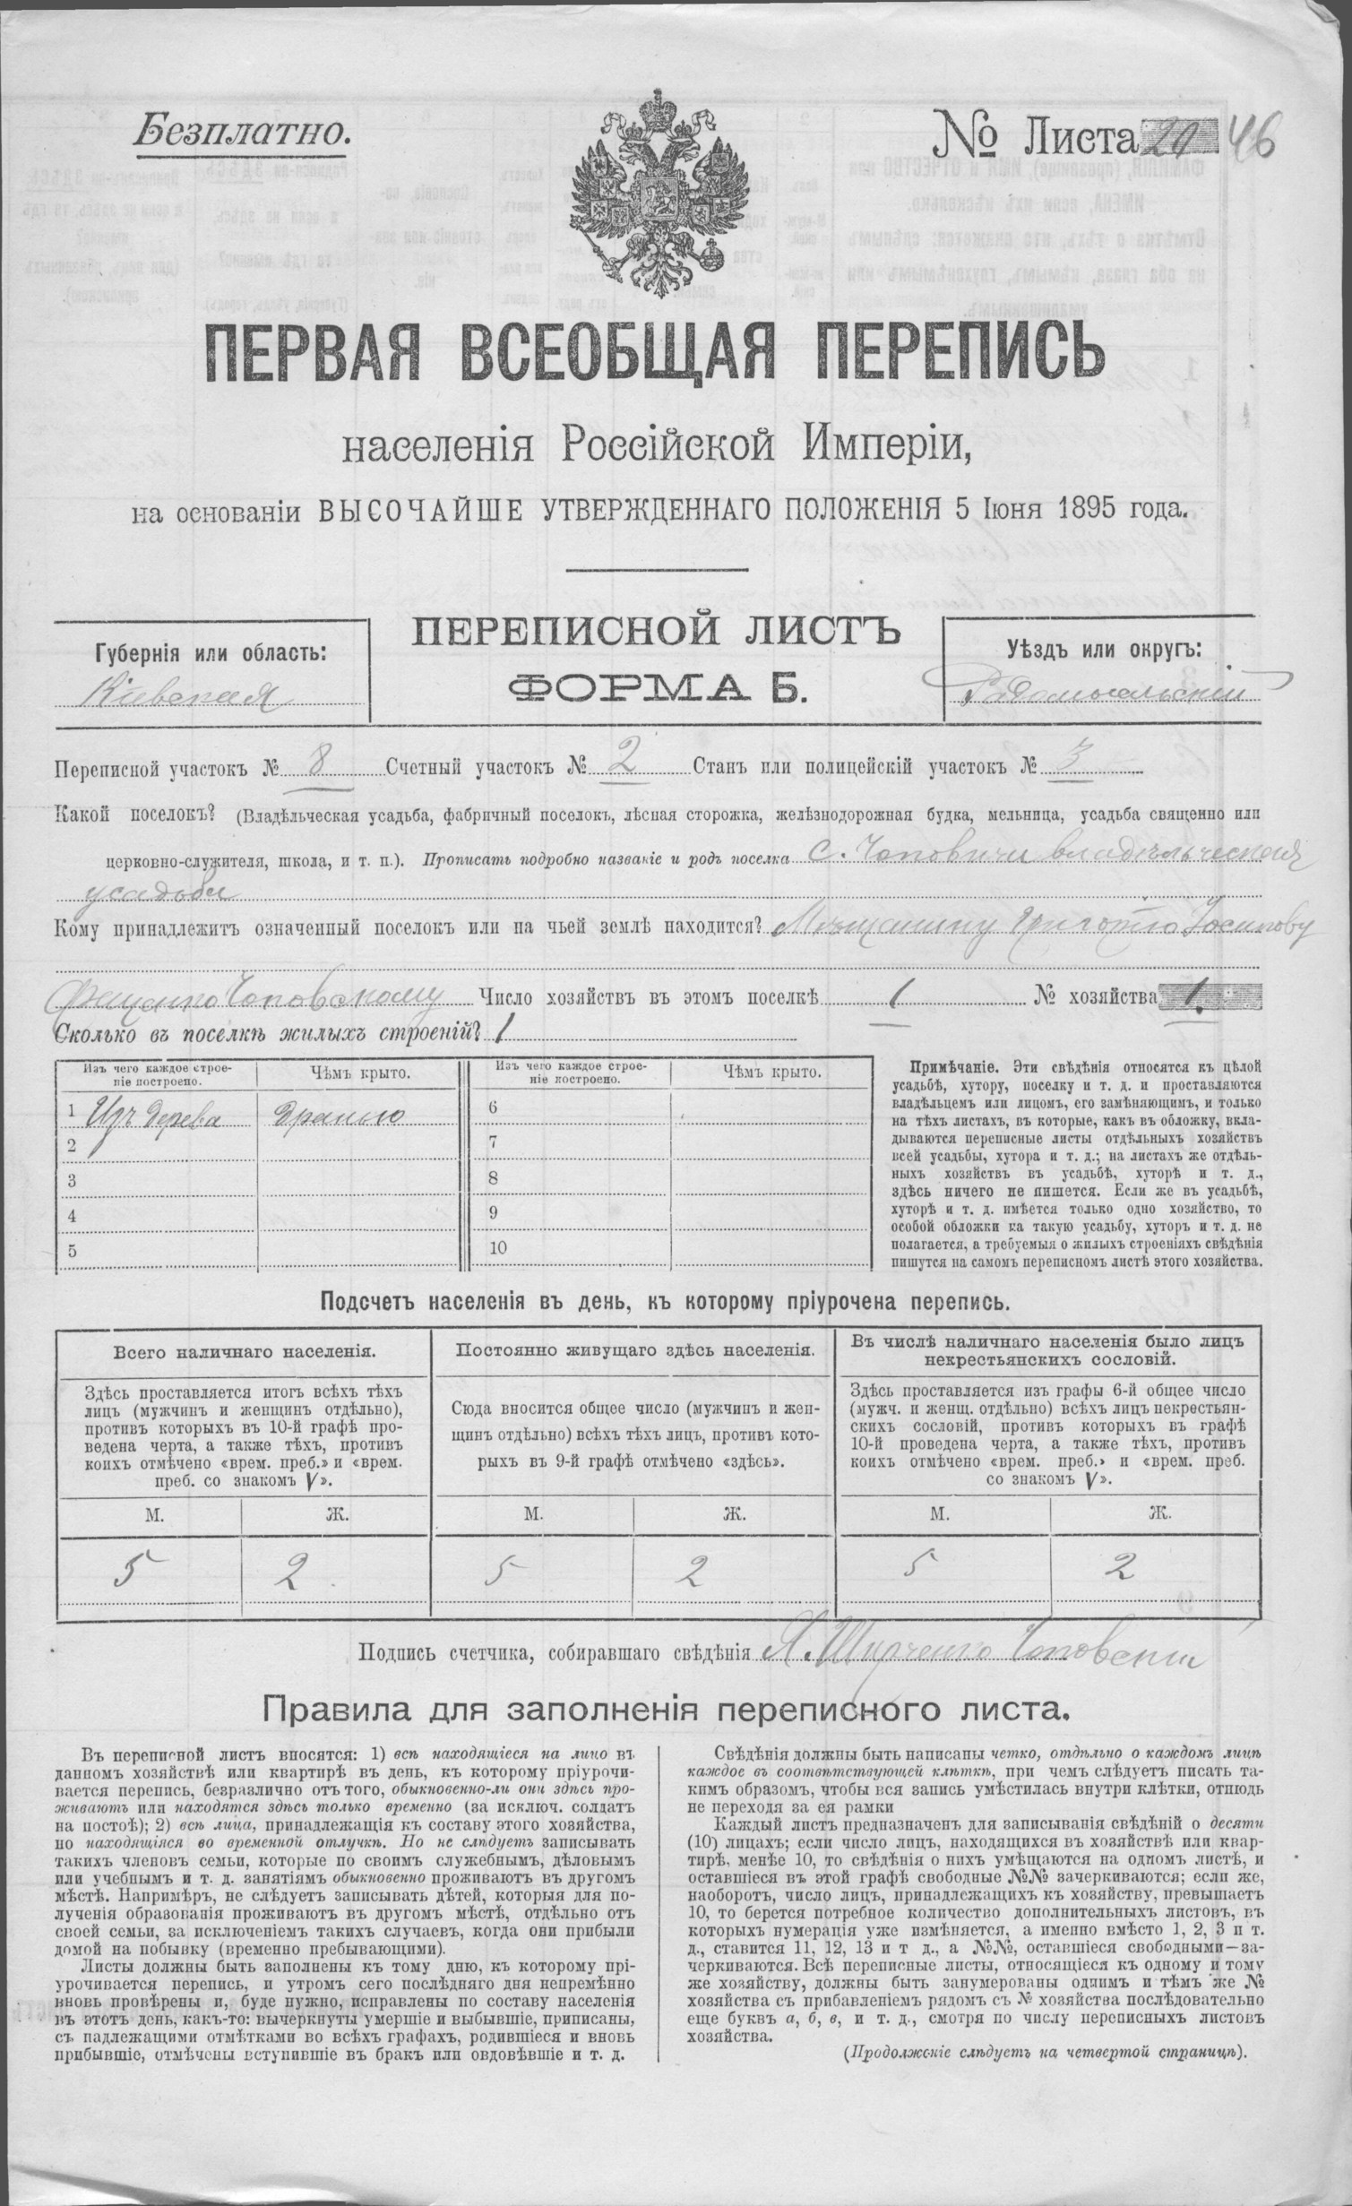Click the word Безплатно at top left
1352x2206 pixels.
pyautogui.click(x=239, y=134)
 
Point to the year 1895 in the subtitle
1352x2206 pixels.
pyautogui.click(x=1101, y=512)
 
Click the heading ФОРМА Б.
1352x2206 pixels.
pyautogui.click(x=657, y=688)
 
